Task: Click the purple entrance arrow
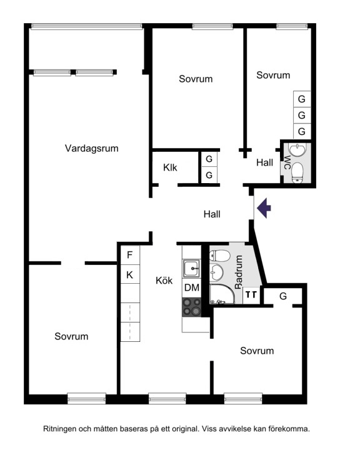click(264, 207)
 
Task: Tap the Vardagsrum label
click(91, 149)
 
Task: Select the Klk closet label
click(170, 167)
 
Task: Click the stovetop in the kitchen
click(192, 307)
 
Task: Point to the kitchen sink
click(191, 268)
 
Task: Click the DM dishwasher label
click(192, 287)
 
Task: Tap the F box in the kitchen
click(130, 255)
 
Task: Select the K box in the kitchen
click(130, 274)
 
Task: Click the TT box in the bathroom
click(251, 295)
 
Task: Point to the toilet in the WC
click(297, 173)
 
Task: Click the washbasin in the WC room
click(297, 149)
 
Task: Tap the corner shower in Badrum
click(222, 294)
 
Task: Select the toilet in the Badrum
click(220, 256)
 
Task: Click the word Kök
click(164, 281)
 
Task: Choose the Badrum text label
click(239, 272)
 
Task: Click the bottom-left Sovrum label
click(71, 336)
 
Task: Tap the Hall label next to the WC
click(264, 162)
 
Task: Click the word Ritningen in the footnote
click(60, 429)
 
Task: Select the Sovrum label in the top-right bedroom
click(273, 75)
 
